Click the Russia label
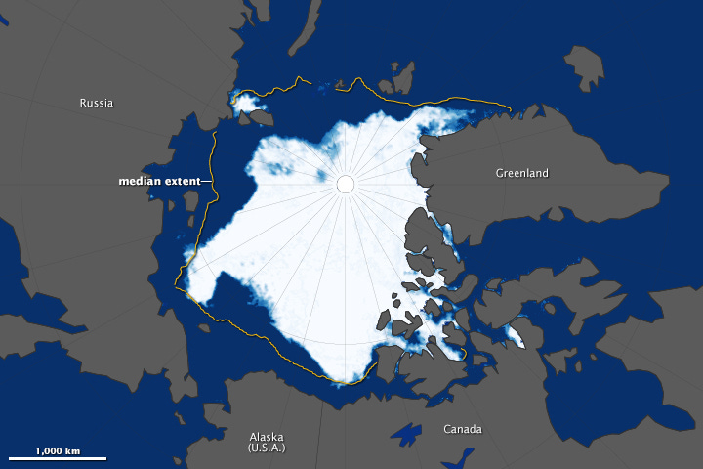click(x=97, y=102)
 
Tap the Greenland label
click(x=521, y=173)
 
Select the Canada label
click(x=462, y=429)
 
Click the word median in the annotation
click(x=140, y=181)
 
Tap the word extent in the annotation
click(x=183, y=181)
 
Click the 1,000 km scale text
click(x=57, y=450)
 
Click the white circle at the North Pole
click(x=346, y=184)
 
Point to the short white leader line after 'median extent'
click(x=207, y=181)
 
